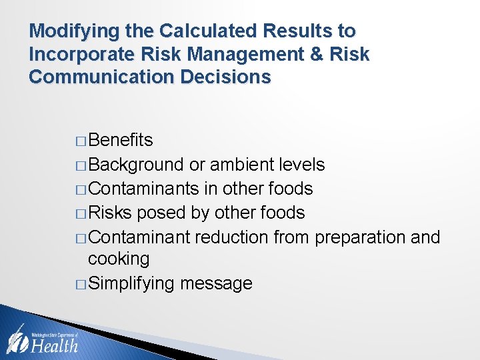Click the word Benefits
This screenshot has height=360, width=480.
pos(120,140)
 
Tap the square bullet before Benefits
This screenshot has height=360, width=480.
pos(81,141)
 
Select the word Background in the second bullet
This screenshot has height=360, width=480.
pos(135,164)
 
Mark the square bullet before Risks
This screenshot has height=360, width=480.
pos(81,214)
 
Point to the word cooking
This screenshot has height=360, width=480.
pos(119,259)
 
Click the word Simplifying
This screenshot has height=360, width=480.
pos(131,284)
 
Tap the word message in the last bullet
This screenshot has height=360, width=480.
pos(216,284)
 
